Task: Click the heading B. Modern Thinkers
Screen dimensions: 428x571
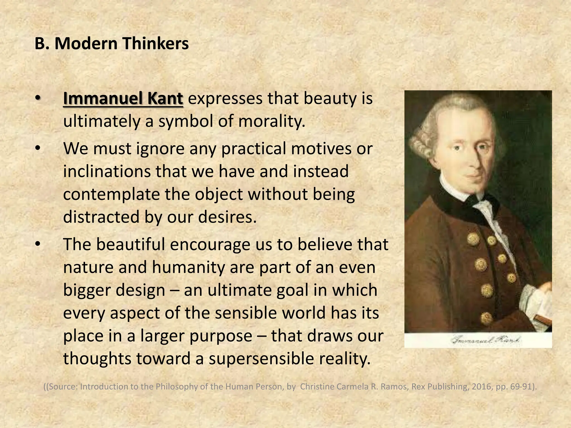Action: tap(112, 44)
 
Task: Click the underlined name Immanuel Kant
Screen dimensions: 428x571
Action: tap(123, 99)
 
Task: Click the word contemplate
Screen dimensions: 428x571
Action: tap(111, 194)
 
